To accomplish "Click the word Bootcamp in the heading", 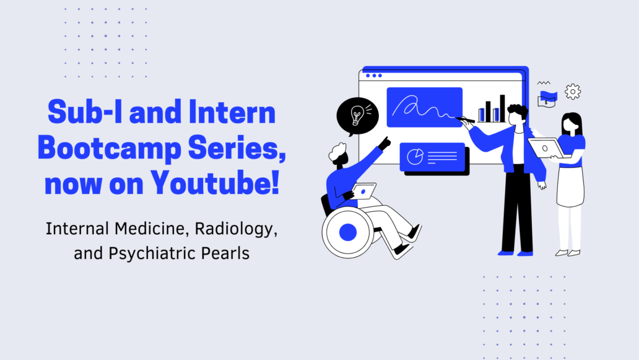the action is coord(109,149).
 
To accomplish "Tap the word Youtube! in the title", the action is coord(215,183).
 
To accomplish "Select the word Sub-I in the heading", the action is coord(85,112).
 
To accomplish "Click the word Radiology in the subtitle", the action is coord(236,229).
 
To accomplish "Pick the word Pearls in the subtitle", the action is coord(225,253).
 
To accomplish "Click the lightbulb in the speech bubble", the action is coord(357,115).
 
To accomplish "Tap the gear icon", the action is coord(573,92).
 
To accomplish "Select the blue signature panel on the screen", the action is coord(424,107).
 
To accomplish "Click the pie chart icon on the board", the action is coord(415,157).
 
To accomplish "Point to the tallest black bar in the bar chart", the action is coord(503,108).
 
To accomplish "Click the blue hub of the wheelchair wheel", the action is coord(347,232).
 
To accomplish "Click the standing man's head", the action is coord(517,116).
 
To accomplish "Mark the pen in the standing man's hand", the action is coord(465,120).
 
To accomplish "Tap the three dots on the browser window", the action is coord(374,76).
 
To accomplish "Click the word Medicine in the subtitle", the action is coord(151,229).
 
